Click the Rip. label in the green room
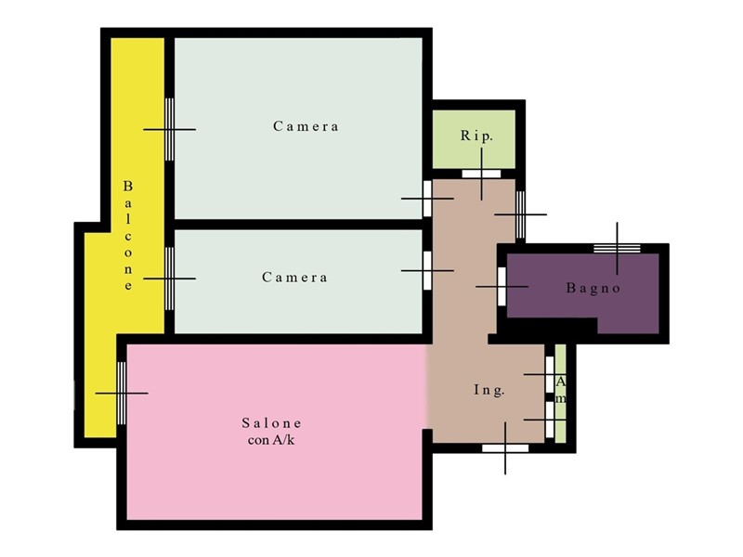[476, 136]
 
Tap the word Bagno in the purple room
[593, 288]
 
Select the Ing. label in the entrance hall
[489, 390]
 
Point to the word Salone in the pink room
[271, 422]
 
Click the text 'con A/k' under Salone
[271, 440]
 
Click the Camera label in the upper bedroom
[306, 126]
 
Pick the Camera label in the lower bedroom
[294, 277]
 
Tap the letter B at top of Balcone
[128, 187]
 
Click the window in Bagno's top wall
[617, 248]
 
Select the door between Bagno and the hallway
[502, 287]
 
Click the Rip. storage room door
[481, 174]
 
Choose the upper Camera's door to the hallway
[427, 199]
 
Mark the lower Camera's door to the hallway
[427, 270]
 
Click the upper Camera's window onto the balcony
[169, 129]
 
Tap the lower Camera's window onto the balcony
[169, 278]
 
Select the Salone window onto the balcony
[122, 393]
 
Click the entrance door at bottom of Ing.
[505, 448]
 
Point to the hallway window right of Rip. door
[520, 214]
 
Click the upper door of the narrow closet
[550, 375]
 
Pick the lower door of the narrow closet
[550, 420]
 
